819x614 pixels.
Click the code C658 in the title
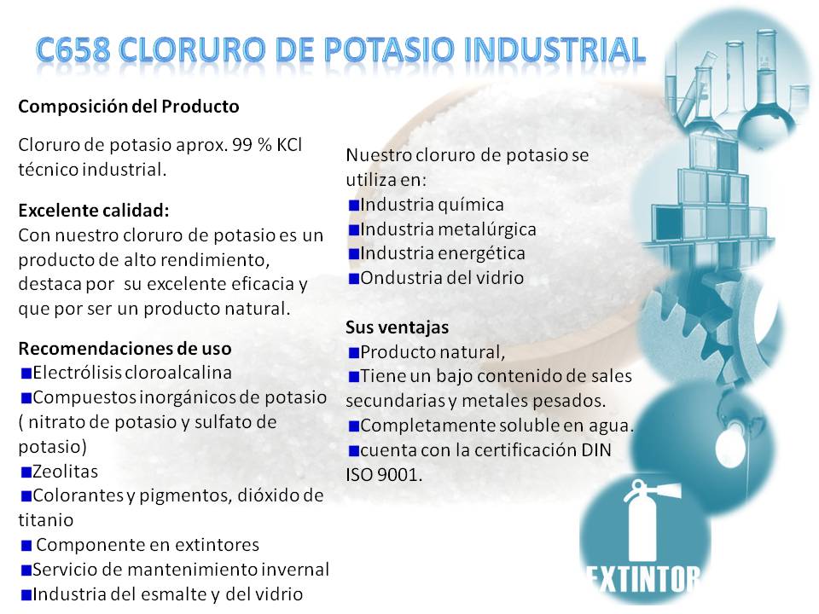pos(73,50)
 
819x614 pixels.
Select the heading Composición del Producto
pos(129,107)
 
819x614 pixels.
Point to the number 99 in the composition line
pos(242,145)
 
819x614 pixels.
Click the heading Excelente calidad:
pos(94,211)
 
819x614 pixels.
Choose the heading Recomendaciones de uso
pos(125,348)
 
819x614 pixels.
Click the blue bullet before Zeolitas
pos(26,472)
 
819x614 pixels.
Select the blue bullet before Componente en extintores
pos(26,546)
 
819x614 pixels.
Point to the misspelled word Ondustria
pos(399,278)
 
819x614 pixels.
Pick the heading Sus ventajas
pos(397,327)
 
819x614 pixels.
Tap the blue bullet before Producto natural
pos(353,353)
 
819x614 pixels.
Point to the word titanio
pos(46,520)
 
